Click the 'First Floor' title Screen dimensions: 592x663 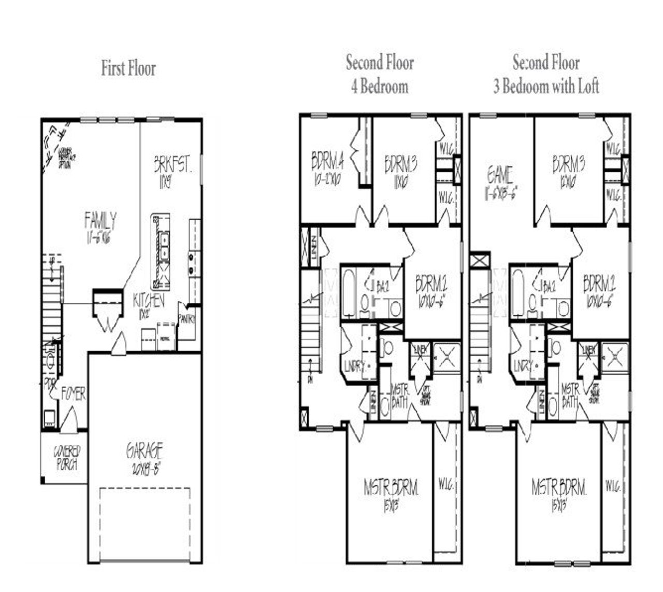click(x=128, y=68)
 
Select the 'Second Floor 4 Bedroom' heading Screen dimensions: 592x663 click(x=380, y=74)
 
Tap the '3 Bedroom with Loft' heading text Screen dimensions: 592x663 click(x=546, y=86)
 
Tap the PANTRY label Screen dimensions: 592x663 click(x=186, y=320)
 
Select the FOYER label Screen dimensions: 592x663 click(x=74, y=394)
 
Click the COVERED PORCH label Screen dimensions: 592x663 click(x=66, y=458)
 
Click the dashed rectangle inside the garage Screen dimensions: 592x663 click(x=145, y=524)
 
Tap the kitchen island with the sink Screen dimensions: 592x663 click(x=161, y=251)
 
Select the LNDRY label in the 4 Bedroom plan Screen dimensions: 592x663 click(x=354, y=367)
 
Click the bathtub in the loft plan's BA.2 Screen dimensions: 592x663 click(x=517, y=293)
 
